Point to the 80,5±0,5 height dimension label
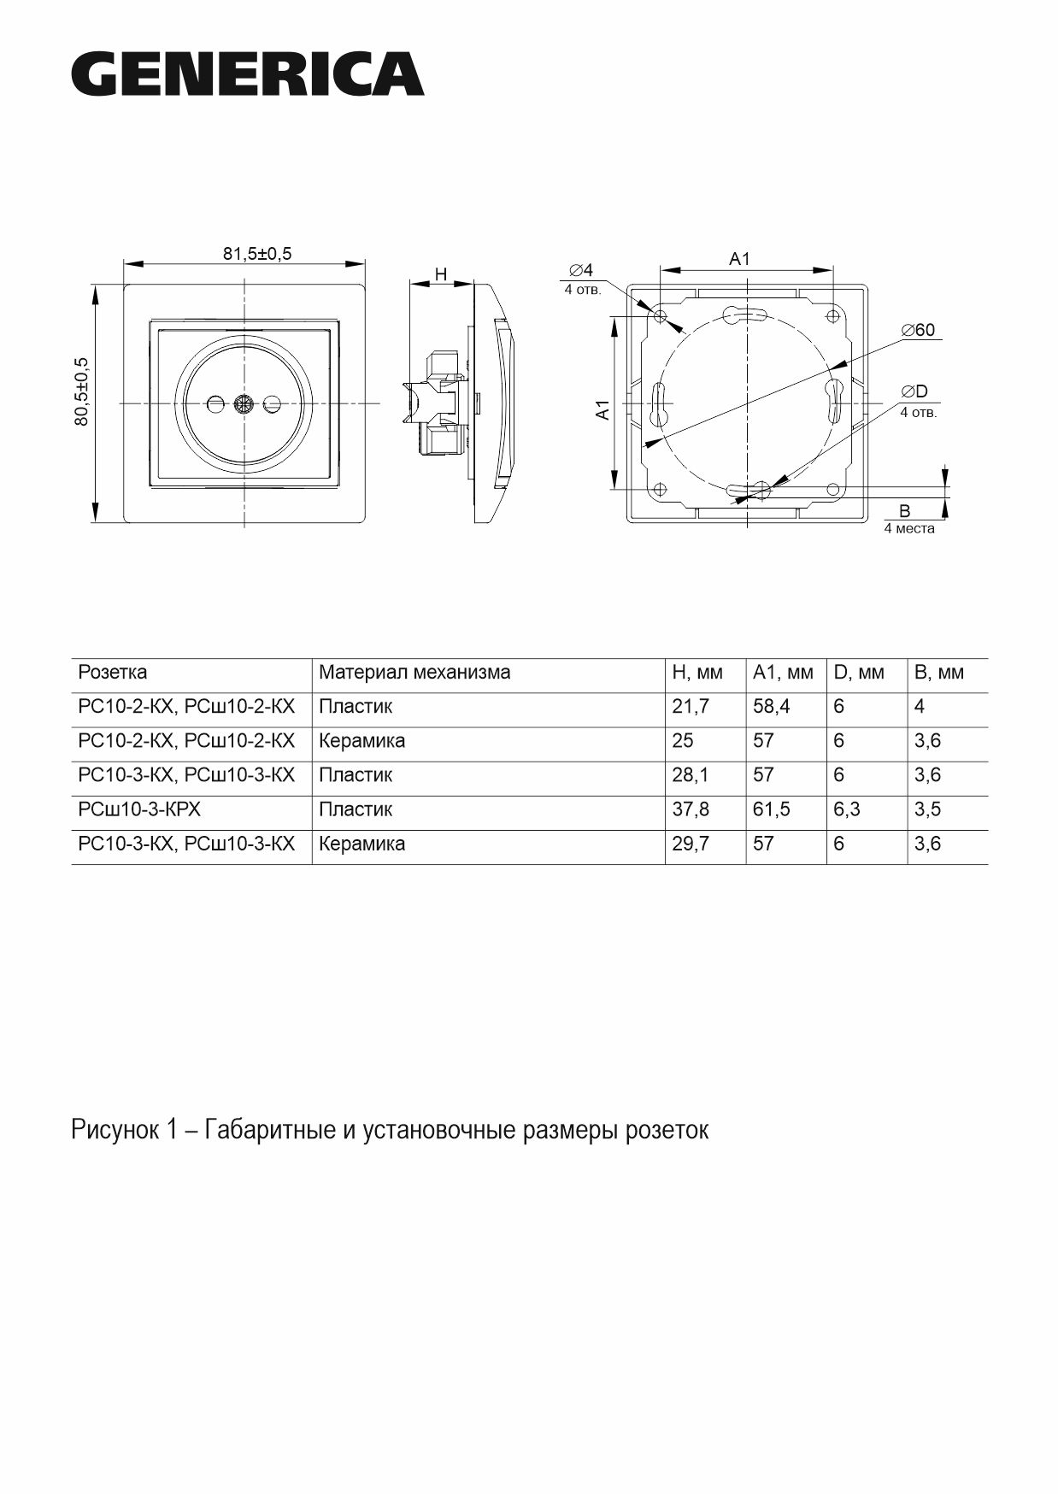tap(82, 391)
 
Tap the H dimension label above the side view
tap(441, 274)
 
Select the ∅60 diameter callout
tap(919, 330)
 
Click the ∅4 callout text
tap(581, 271)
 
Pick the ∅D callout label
tap(914, 391)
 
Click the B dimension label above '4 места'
tap(905, 511)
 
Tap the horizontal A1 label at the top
tap(739, 259)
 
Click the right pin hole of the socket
tap(273, 403)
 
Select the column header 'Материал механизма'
tap(414, 673)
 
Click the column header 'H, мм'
tap(697, 673)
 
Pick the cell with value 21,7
tap(691, 707)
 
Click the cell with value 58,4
tap(772, 707)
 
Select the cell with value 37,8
tap(691, 809)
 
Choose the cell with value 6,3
tap(847, 809)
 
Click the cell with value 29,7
tap(691, 844)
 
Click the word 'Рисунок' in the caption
tap(115, 1130)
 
